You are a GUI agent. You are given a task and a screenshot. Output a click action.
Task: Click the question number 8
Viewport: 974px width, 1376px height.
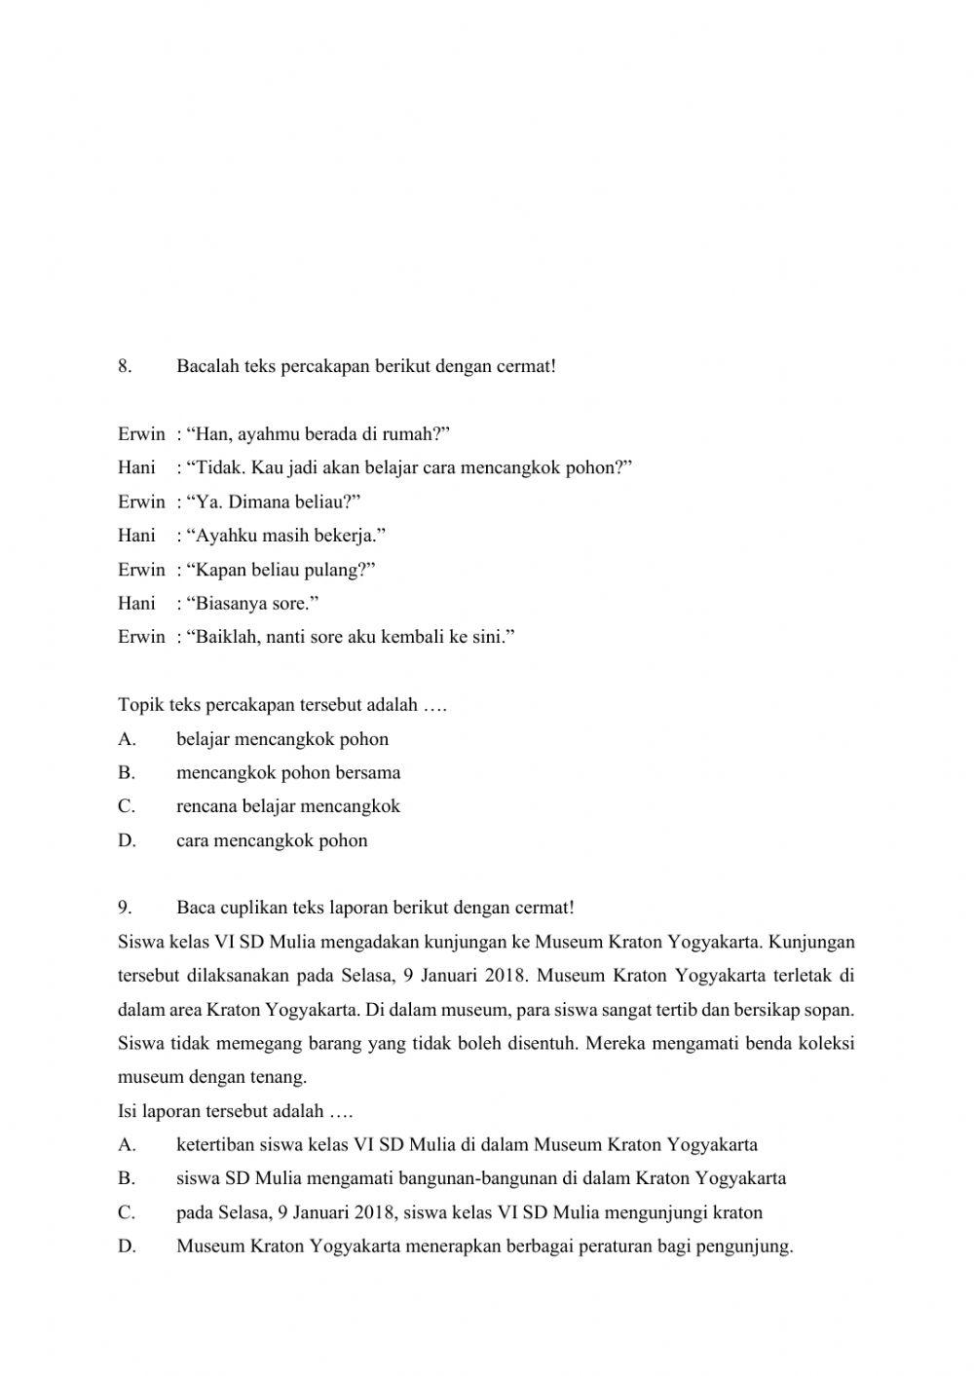pos(124,367)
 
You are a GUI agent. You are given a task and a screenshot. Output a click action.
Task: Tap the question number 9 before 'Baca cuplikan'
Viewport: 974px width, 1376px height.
pos(124,908)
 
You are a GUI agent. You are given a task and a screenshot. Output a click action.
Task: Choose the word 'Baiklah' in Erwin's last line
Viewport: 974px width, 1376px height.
pos(223,638)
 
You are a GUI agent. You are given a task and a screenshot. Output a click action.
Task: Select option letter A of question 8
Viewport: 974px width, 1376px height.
pos(126,739)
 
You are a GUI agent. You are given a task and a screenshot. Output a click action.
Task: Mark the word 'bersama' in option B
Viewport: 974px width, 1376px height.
pos(367,773)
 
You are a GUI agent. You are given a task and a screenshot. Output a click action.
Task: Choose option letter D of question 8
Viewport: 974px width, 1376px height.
pos(127,840)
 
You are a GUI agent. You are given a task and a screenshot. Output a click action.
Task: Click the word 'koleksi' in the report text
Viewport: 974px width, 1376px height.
pos(826,1044)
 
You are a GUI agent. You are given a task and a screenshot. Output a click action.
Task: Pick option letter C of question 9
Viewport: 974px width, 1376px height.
pos(126,1212)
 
